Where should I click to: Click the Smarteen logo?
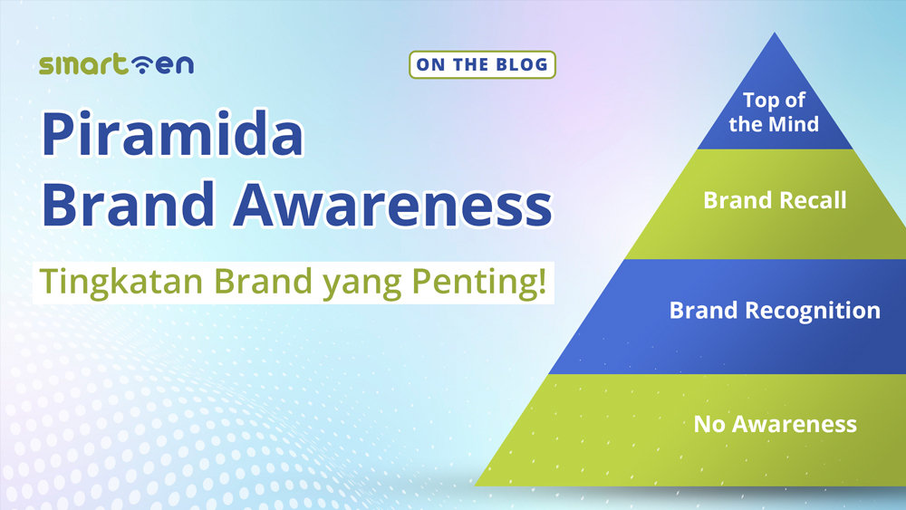(116, 64)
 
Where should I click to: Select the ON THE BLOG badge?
(482, 64)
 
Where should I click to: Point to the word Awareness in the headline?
(392, 206)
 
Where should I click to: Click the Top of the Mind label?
(774, 112)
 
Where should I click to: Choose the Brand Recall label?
(775, 200)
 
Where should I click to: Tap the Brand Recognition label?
(775, 311)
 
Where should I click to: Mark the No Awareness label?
(775, 423)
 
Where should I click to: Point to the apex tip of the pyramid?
(775, 35)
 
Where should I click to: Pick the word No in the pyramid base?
(708, 423)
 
